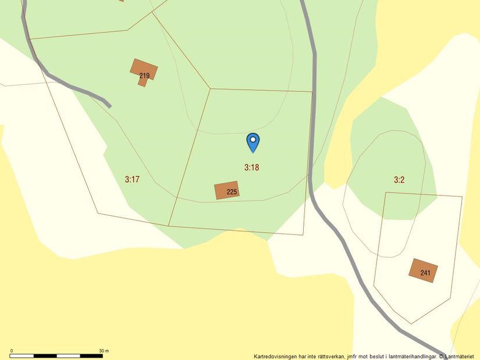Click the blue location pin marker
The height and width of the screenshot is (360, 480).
click(253, 142)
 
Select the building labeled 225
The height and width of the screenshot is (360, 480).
click(226, 190)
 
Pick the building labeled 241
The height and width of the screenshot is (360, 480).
click(423, 270)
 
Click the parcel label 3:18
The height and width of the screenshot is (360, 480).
click(251, 167)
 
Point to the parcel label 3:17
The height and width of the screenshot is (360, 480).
click(132, 179)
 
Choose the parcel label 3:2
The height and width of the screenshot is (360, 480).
click(399, 180)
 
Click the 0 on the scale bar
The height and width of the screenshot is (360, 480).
click(12, 351)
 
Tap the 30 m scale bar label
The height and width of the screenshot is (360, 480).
click(104, 351)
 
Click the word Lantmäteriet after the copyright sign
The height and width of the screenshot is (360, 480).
click(461, 357)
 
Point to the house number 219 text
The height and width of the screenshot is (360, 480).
click(144, 76)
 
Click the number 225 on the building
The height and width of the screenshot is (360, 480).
click(232, 192)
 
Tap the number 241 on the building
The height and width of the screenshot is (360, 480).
click(425, 273)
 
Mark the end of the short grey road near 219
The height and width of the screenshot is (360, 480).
click(109, 106)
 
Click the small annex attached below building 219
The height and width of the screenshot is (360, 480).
click(142, 82)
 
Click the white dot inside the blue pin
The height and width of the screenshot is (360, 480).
click(253, 140)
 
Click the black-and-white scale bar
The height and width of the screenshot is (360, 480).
click(57, 355)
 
